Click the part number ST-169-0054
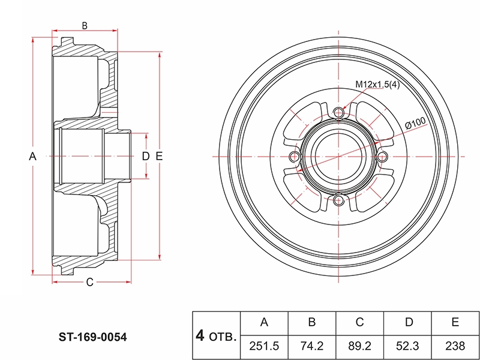point(93,337)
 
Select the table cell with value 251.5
point(264,346)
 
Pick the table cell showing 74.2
point(312,346)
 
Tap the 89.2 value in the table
point(359,346)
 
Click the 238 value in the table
point(455,346)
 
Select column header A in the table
point(264,323)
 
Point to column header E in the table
point(455,323)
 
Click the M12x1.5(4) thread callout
point(377,85)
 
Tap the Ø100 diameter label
point(415,123)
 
